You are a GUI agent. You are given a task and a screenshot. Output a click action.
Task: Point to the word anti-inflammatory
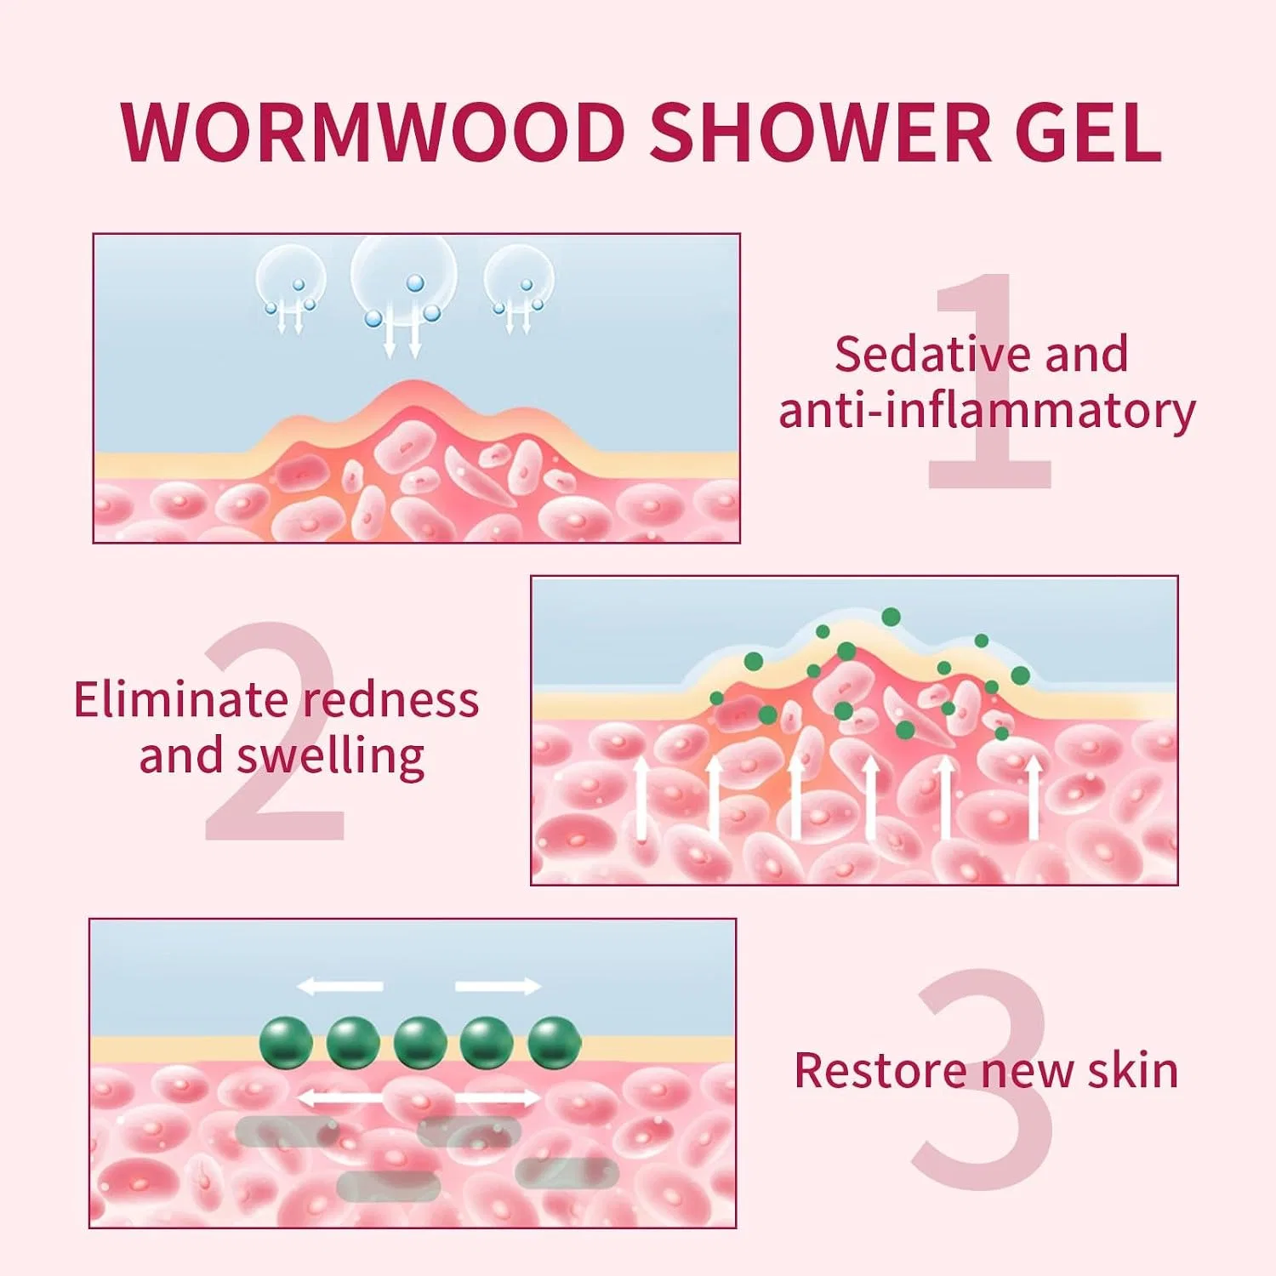(987, 412)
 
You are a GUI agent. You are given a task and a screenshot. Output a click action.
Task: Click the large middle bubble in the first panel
(403, 276)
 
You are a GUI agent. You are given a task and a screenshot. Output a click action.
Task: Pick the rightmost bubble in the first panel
(519, 278)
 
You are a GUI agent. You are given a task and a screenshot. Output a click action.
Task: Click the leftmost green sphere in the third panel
(286, 1043)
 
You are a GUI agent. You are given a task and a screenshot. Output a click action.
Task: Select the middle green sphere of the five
(420, 1043)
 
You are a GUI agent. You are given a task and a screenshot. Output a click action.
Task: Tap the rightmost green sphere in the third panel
(555, 1043)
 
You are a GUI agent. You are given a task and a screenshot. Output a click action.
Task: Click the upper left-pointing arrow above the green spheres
(339, 986)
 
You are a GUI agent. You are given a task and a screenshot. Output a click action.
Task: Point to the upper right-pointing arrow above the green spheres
(498, 986)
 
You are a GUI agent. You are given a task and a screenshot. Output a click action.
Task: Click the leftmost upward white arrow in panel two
(642, 798)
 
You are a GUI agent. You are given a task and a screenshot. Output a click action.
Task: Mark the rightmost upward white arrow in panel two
(1034, 798)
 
